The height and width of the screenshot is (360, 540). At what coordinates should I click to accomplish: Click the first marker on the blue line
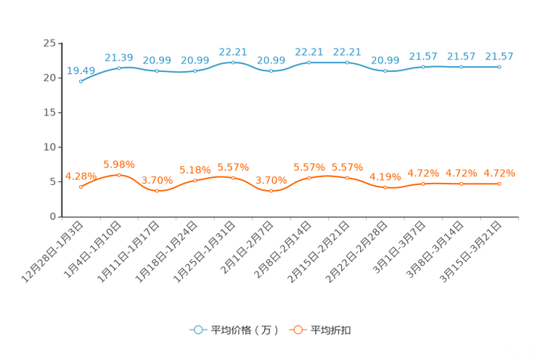pyautogui.click(x=81, y=81)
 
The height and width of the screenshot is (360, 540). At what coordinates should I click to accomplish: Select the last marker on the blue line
pyautogui.click(x=499, y=67)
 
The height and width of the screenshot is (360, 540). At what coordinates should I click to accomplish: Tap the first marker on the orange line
pyautogui.click(x=81, y=187)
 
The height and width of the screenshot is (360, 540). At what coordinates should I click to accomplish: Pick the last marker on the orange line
pyautogui.click(x=499, y=184)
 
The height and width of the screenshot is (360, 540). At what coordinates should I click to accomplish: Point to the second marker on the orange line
pyautogui.click(x=119, y=174)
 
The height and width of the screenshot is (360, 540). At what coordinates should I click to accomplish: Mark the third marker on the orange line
pyautogui.click(x=157, y=192)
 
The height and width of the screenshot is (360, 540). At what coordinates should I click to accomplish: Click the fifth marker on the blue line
pyautogui.click(x=233, y=62)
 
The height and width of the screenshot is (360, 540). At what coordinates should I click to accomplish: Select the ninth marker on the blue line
pyautogui.click(x=385, y=71)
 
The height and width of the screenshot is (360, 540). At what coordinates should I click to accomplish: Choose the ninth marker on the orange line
pyautogui.click(x=385, y=188)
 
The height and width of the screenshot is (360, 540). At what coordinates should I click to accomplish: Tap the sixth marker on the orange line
pyautogui.click(x=271, y=192)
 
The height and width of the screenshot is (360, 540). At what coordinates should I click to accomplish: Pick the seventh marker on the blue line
pyautogui.click(x=309, y=62)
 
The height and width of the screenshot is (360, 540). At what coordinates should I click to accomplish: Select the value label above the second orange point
pyautogui.click(x=119, y=163)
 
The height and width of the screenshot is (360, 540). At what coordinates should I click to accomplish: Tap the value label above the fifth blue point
pyautogui.click(x=233, y=52)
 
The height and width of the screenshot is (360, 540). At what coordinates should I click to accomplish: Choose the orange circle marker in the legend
pyautogui.click(x=297, y=330)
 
